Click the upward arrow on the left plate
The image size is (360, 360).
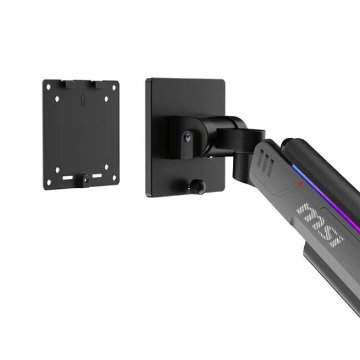83,101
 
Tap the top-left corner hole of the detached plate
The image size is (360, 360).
49,87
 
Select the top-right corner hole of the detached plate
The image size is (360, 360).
114,88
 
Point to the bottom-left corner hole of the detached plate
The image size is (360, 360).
49,182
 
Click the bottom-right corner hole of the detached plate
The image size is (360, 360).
115,178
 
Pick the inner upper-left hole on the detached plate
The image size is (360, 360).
57,99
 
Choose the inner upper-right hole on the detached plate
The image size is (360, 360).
106,99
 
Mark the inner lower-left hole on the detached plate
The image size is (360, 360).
58,170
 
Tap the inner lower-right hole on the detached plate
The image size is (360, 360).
107,167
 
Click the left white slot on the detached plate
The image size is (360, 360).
68,178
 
